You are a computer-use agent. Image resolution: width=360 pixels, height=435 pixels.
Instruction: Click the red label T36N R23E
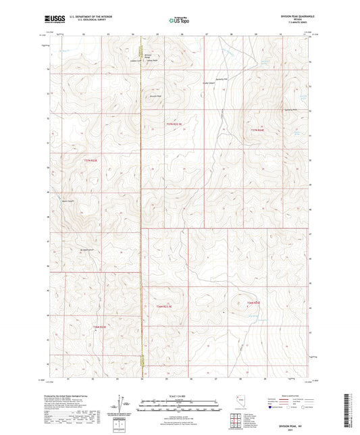click(x=99, y=328)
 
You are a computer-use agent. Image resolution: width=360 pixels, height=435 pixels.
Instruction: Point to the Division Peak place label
click(x=155, y=96)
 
